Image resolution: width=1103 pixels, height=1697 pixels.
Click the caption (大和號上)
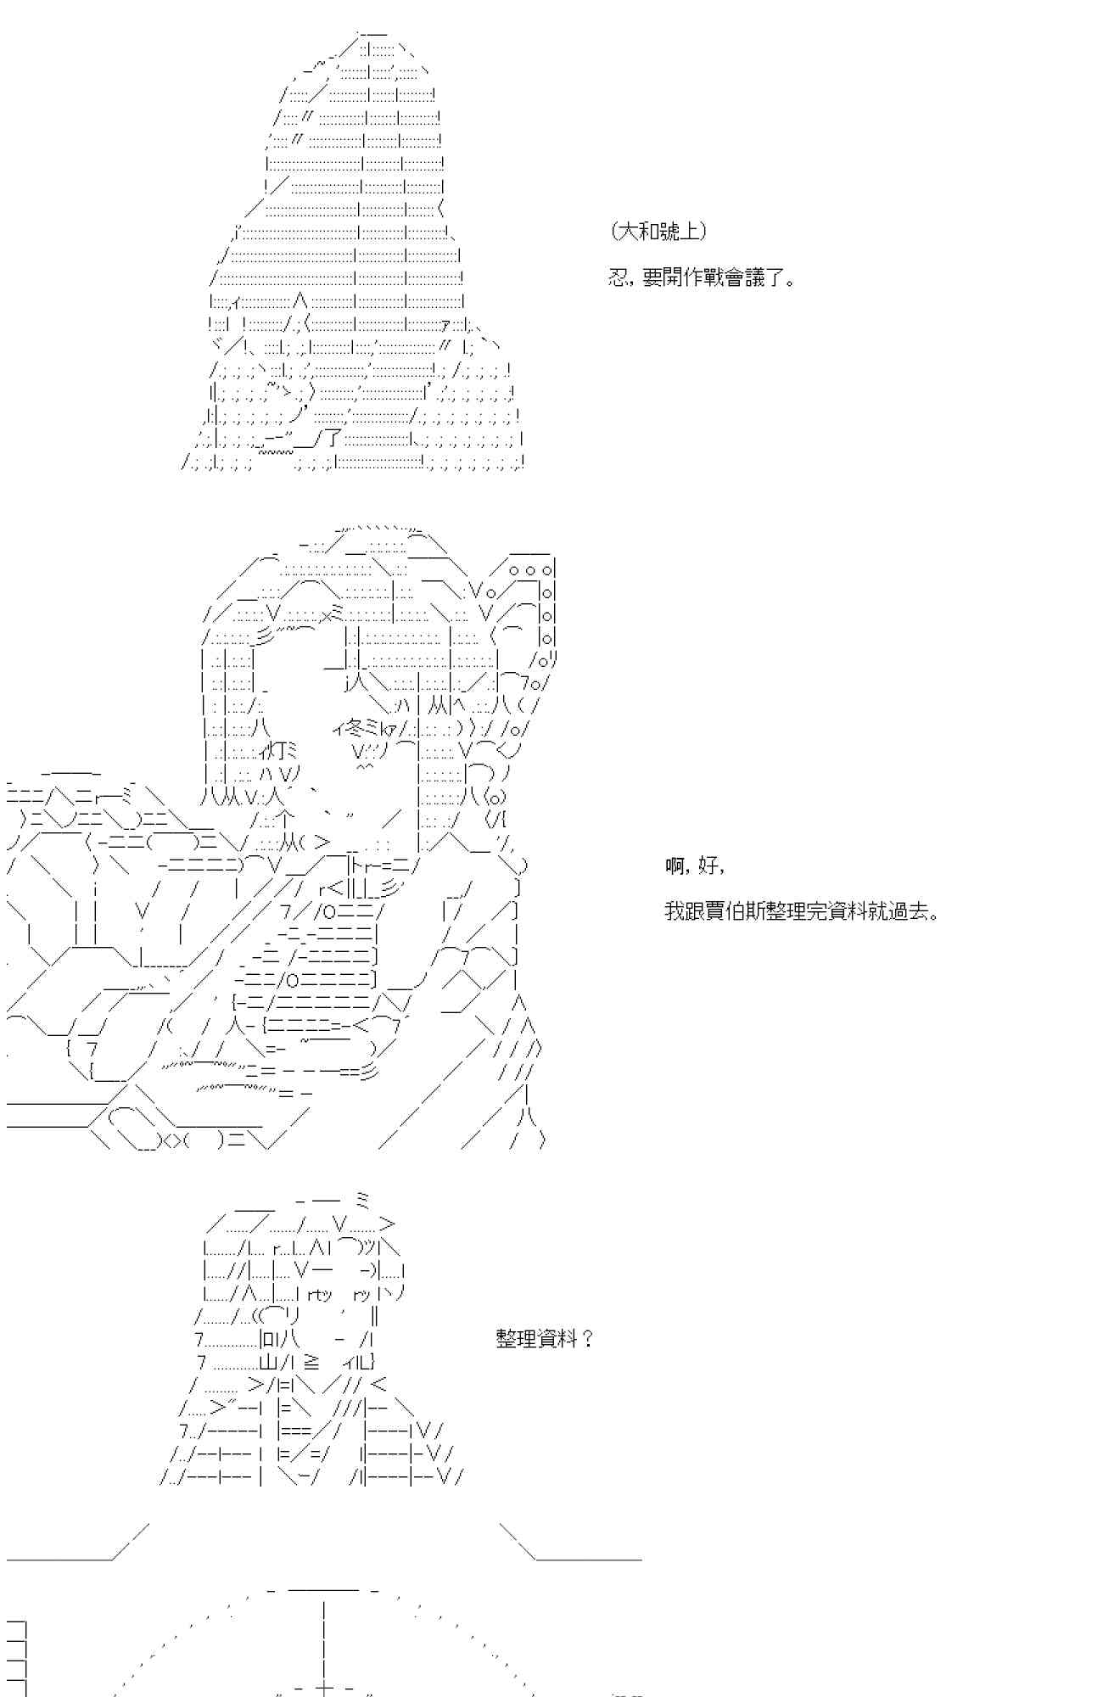[x=658, y=231]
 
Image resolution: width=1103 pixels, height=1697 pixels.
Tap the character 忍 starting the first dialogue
[x=618, y=277]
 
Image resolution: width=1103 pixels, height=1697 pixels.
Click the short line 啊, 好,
[x=695, y=866]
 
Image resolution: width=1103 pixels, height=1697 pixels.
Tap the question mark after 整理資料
[x=588, y=1339]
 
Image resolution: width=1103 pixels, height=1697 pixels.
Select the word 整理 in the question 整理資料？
[x=513, y=1339]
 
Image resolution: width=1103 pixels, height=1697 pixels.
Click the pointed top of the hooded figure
[x=372, y=34]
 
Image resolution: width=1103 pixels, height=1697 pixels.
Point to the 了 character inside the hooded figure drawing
[x=333, y=439]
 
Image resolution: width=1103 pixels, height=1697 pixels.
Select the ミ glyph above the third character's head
[x=361, y=1199]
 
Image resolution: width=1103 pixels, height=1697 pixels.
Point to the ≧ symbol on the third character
[x=311, y=1362]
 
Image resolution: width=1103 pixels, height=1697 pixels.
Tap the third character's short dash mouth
[x=339, y=1339]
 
